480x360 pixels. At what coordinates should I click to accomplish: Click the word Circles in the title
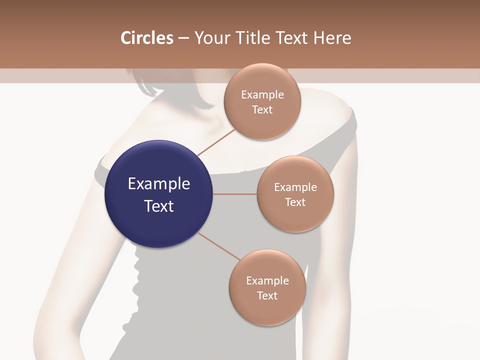146,38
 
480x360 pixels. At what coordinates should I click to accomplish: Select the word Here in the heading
332,38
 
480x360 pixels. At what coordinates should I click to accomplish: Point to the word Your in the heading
212,38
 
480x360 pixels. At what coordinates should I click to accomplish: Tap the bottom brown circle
267,312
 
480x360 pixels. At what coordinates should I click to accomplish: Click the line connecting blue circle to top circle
216,142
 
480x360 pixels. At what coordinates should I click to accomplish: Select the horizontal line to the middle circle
234,194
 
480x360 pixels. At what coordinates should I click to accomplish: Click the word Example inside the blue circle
159,183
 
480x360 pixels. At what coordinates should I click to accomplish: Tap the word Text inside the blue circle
159,206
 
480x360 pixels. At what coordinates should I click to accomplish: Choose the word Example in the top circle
262,94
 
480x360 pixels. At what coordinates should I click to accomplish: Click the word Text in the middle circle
295,202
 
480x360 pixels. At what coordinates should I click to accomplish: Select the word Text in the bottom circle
267,295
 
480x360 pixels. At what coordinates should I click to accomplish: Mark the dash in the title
183,38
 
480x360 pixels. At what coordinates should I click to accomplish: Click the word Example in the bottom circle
267,280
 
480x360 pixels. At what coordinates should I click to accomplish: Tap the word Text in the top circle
262,109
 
